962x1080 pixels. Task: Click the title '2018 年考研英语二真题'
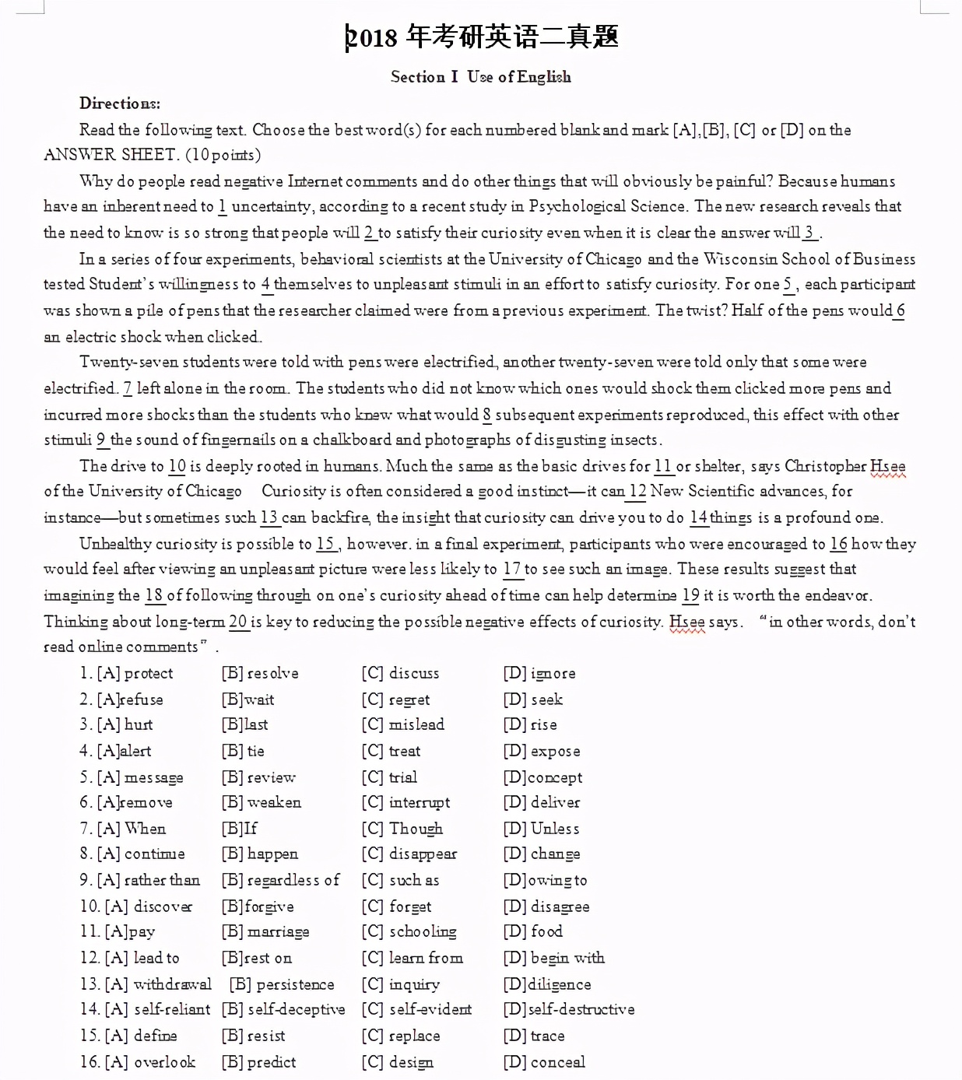tap(483, 37)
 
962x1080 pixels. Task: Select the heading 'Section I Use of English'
tap(480, 76)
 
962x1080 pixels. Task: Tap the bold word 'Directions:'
tap(120, 103)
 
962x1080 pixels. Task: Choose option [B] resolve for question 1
tap(260, 673)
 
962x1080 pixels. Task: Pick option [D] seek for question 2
tap(533, 700)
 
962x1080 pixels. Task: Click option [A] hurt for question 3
tap(125, 724)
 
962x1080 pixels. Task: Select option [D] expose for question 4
tap(542, 751)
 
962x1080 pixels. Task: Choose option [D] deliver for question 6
tap(542, 802)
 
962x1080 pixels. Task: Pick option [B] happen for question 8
tap(260, 854)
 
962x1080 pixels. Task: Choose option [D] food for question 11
tap(533, 931)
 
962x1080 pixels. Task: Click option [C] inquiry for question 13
tap(401, 984)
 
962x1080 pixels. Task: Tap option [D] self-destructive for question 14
tap(569, 1009)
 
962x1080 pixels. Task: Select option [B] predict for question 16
tap(259, 1062)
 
